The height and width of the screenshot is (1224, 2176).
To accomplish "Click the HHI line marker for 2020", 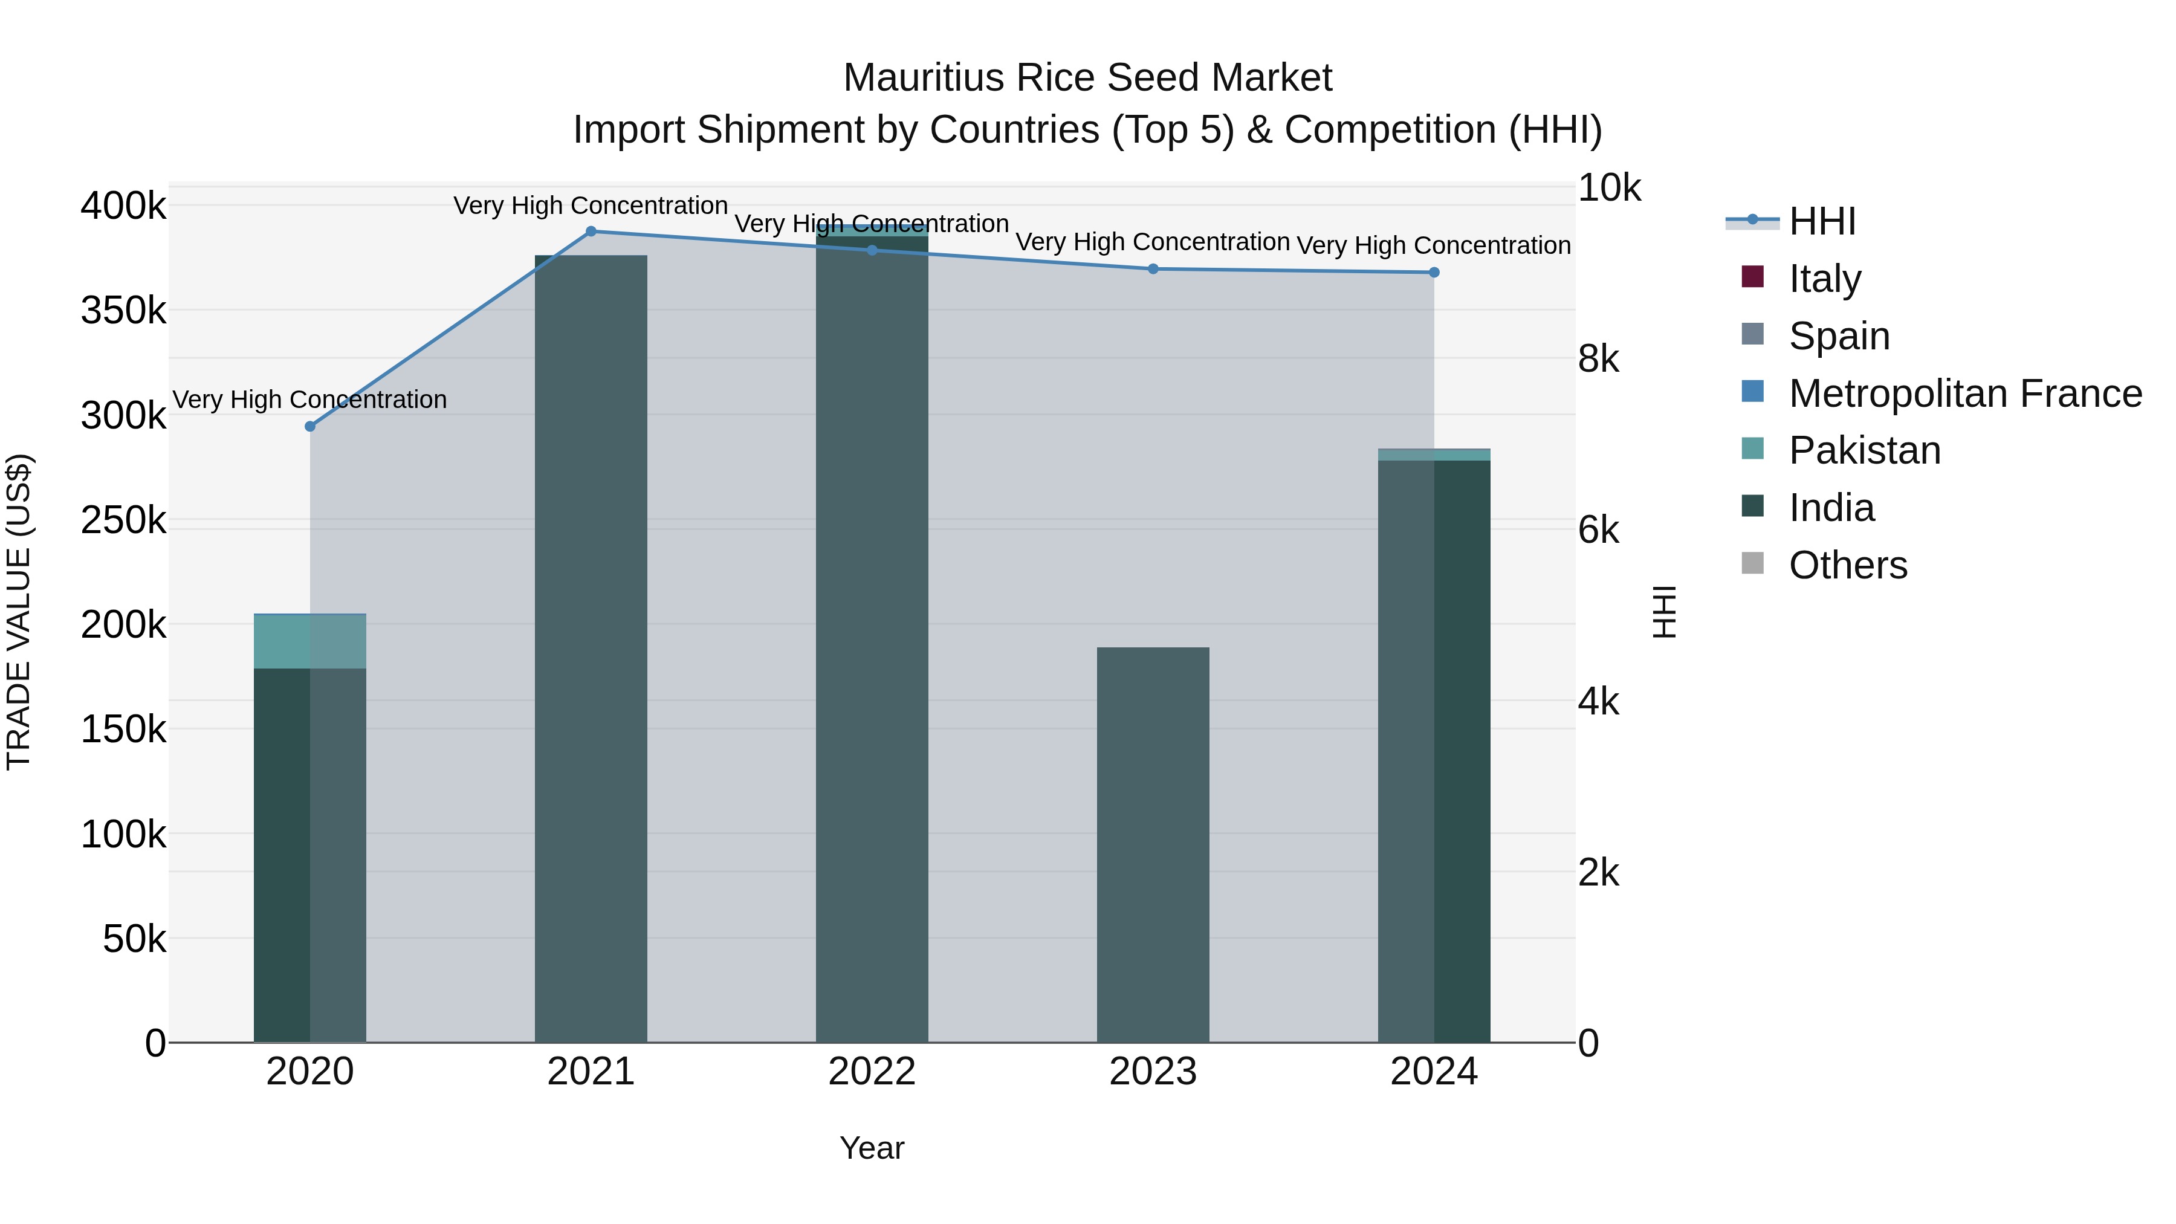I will [310, 427].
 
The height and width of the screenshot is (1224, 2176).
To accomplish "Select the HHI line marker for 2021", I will [591, 232].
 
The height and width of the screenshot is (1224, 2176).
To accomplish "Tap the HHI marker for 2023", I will [1153, 268].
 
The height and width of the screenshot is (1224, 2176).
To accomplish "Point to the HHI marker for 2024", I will [1434, 272].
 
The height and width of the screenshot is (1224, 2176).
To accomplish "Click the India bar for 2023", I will [1153, 845].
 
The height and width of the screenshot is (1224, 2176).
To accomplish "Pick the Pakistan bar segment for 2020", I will [310, 641].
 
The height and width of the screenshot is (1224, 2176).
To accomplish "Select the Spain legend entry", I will [1838, 335].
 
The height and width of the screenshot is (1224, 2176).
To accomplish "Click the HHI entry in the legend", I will [1821, 221].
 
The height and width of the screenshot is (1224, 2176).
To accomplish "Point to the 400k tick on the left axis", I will [123, 206].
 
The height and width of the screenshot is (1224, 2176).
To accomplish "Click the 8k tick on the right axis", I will [1598, 359].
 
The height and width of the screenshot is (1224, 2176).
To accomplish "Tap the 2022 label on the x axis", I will [872, 1071].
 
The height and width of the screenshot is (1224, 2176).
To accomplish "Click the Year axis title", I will [872, 1148].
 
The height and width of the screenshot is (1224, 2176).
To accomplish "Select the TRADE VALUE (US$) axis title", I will [19, 612].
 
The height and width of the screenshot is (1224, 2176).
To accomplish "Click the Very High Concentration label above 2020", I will [310, 400].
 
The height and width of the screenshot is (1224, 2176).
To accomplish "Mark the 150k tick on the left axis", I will [123, 729].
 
